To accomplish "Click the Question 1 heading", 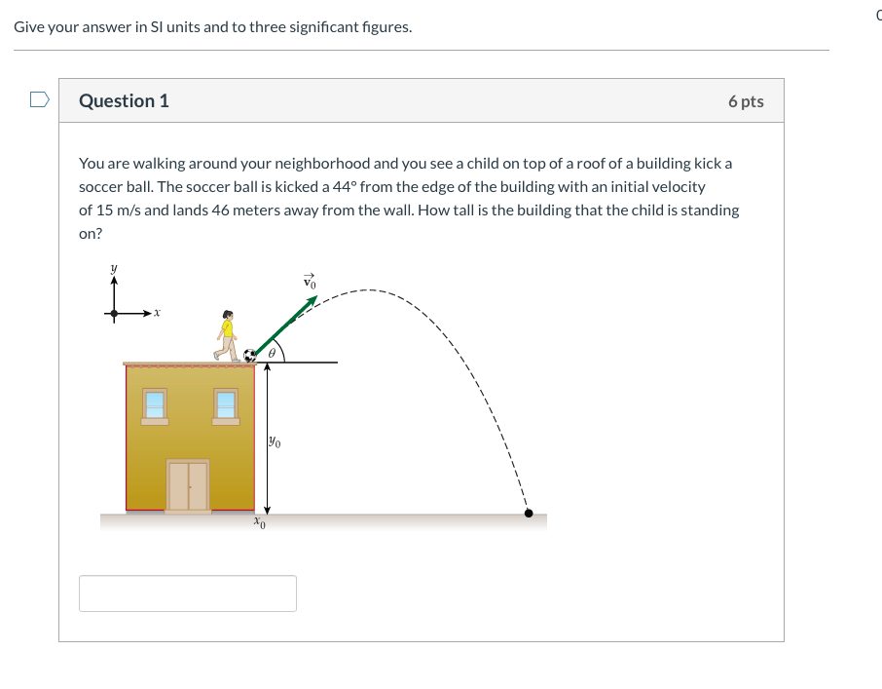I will [x=124, y=100].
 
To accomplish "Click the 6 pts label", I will [x=745, y=101].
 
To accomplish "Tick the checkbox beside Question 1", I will [x=39, y=99].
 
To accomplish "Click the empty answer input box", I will [x=187, y=593].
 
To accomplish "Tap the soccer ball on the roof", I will [x=250, y=356].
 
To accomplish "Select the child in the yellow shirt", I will [x=228, y=335].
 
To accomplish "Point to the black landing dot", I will [x=529, y=513].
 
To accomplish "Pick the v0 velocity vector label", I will [x=311, y=281].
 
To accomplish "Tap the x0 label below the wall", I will [x=259, y=523].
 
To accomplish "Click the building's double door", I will [x=188, y=485].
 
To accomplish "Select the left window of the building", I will [x=155, y=405].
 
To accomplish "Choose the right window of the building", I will [x=226, y=405].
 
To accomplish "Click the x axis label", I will [x=156, y=314].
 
